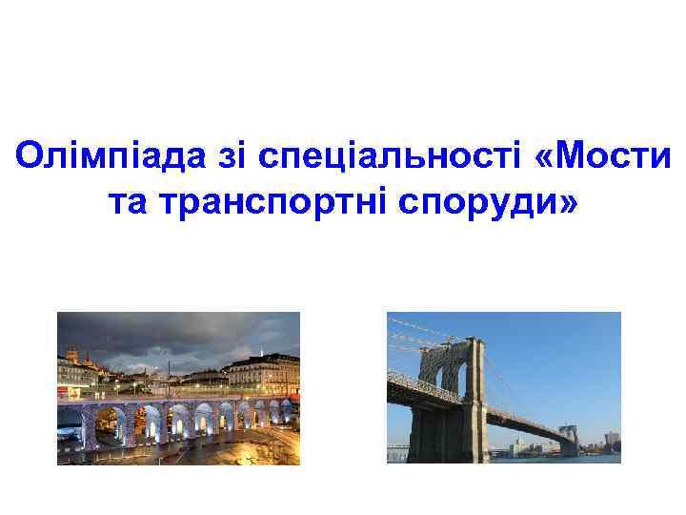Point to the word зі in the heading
[224, 157]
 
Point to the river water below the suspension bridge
[572, 459]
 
